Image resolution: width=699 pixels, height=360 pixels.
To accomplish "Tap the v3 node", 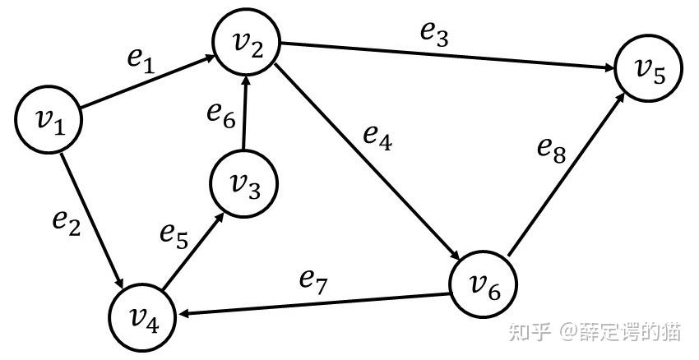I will coord(243,182).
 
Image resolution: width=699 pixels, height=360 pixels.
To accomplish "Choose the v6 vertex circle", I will coord(484,284).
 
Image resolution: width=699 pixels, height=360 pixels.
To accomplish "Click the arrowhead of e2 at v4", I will coord(122,279).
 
